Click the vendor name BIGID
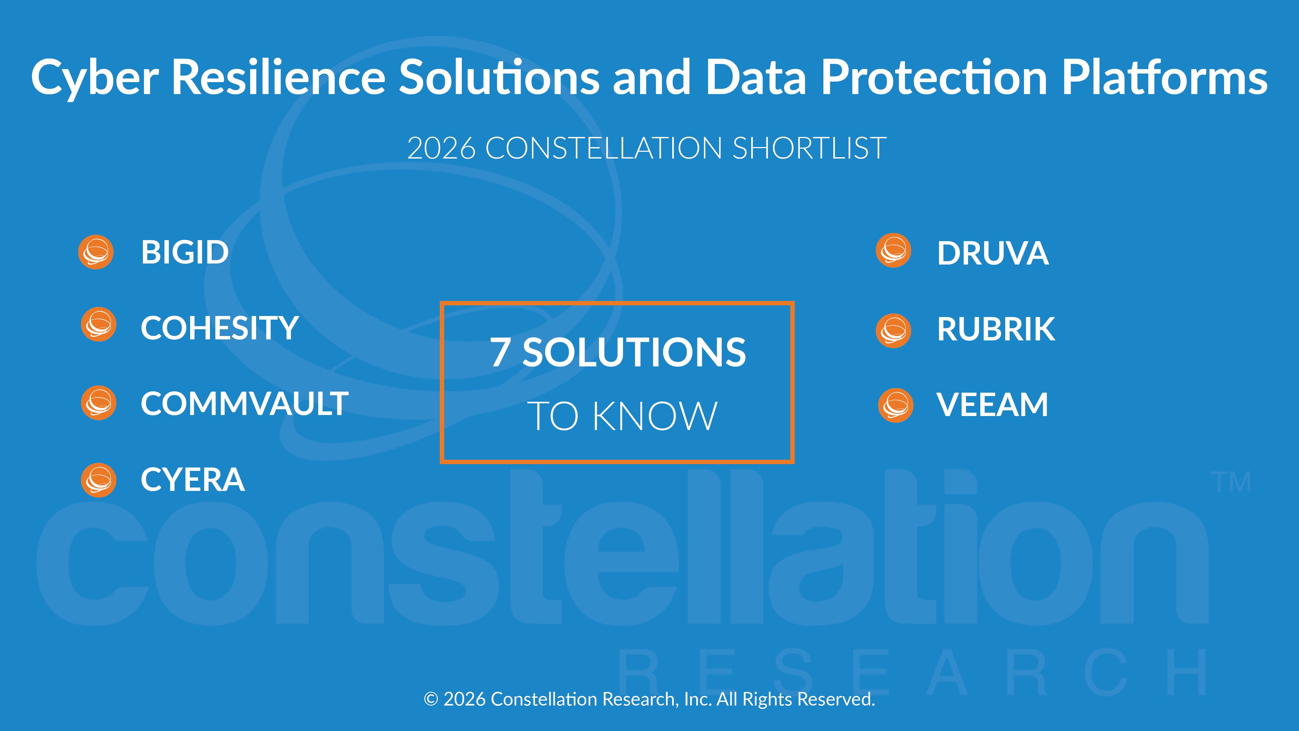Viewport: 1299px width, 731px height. click(x=185, y=252)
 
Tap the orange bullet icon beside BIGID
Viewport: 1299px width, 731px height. click(x=96, y=252)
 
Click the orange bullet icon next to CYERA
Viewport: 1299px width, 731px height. click(x=99, y=480)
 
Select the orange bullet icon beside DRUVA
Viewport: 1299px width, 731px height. click(x=894, y=250)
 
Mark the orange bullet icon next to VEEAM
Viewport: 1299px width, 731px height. click(x=896, y=405)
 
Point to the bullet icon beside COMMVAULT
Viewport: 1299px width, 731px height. click(x=99, y=403)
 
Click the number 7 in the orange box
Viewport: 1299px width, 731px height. click(x=500, y=352)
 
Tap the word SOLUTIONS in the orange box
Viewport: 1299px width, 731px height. click(x=634, y=352)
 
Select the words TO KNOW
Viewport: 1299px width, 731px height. click(x=622, y=416)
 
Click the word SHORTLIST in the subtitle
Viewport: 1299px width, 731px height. click(x=809, y=148)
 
